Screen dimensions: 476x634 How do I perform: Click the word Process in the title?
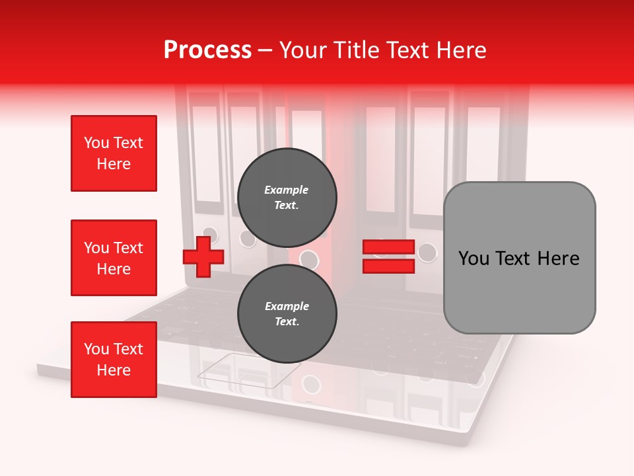pos(207,50)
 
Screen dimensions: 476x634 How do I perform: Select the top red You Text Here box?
pos(114,153)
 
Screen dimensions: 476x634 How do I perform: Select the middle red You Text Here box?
pos(114,258)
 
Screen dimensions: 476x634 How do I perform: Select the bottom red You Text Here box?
pos(114,359)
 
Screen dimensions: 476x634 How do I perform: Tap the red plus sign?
pos(203,257)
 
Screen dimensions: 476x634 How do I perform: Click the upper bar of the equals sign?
pos(388,247)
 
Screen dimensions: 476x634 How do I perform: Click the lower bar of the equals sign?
pos(388,266)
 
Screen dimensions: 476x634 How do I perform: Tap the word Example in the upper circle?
pos(287,190)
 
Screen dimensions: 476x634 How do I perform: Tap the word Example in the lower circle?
pos(287,306)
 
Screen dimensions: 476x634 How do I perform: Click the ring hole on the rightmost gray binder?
pos(427,252)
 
